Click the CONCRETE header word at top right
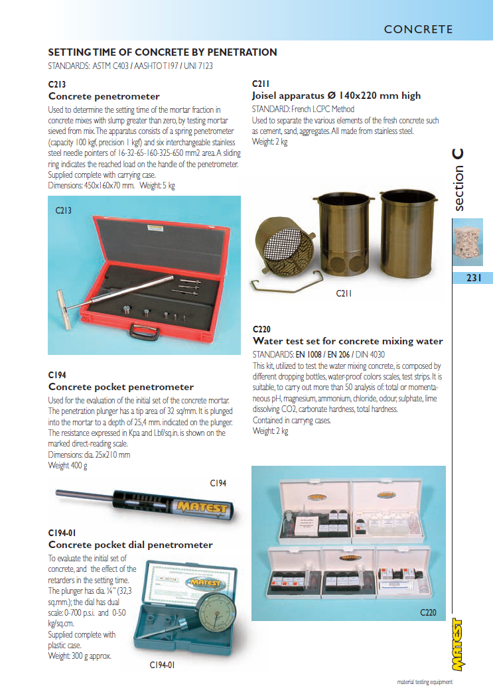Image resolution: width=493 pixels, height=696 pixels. [x=418, y=29]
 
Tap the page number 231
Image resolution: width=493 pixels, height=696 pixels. [x=473, y=278]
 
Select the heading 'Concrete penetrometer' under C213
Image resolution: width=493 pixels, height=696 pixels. [x=104, y=96]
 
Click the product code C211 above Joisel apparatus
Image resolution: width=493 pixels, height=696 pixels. [x=261, y=84]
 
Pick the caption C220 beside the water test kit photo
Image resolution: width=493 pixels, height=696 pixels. [x=428, y=612]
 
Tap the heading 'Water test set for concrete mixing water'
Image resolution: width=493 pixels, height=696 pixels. [x=348, y=341]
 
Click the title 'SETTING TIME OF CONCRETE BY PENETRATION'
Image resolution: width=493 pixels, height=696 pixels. [x=163, y=52]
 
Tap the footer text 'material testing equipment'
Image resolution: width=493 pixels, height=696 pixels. [x=425, y=681]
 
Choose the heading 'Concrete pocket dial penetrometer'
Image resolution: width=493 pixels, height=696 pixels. [x=130, y=545]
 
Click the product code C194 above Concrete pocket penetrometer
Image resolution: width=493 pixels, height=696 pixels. [x=57, y=375]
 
